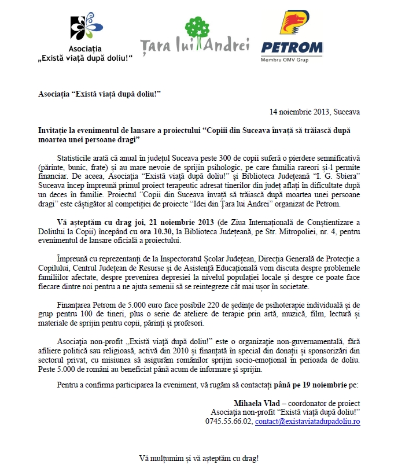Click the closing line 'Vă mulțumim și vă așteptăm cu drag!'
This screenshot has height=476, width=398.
point(199,458)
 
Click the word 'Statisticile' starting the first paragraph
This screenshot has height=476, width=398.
point(76,158)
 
